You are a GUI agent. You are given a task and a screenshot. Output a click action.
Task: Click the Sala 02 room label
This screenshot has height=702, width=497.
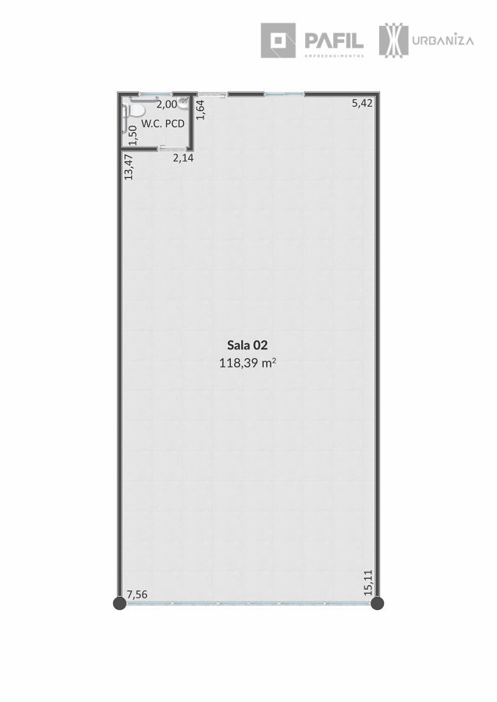[247, 346]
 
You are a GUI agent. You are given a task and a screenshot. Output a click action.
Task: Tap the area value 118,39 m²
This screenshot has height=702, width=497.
[247, 363]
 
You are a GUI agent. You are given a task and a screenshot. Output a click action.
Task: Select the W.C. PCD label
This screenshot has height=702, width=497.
[163, 123]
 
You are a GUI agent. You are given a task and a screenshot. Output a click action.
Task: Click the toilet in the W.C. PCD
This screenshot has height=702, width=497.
[136, 110]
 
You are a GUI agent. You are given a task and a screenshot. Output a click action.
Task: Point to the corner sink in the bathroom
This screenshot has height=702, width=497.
[183, 103]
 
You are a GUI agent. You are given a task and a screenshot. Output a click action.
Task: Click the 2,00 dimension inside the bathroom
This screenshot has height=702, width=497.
[166, 105]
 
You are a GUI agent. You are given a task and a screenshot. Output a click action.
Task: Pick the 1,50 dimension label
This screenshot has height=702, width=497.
[132, 135]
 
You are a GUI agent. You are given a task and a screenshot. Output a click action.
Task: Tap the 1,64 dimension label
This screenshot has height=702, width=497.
[201, 109]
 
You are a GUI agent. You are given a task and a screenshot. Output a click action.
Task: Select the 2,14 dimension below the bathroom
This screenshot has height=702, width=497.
[183, 158]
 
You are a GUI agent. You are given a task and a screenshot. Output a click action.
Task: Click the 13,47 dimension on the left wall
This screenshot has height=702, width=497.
[129, 167]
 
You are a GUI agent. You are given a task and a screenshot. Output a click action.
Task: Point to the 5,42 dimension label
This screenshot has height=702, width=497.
[362, 103]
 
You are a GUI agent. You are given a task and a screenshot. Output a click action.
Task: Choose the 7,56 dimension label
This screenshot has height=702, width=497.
[137, 594]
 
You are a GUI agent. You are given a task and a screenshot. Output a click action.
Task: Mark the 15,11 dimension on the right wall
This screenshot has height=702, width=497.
[368, 582]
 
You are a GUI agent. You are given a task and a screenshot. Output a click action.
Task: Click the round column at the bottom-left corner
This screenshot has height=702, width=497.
[119, 604]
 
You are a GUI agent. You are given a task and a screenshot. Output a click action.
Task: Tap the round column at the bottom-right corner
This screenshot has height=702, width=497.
[378, 604]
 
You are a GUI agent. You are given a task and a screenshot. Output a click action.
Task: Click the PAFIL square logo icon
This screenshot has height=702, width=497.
[278, 41]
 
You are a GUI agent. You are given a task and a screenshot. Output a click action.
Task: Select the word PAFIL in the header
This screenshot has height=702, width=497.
[334, 41]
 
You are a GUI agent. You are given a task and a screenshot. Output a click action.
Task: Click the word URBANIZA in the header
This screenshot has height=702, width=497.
[443, 41]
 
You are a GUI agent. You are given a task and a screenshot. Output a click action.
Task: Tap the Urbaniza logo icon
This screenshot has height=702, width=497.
[393, 41]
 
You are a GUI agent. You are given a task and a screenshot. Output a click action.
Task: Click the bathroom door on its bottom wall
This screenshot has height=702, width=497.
[172, 148]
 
